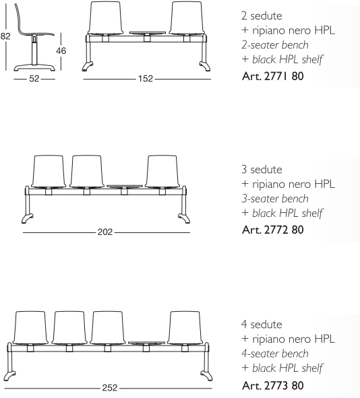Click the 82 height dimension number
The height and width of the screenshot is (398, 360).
pos(5,36)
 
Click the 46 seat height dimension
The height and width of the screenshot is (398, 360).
pos(61,51)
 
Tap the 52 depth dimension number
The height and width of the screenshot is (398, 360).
pos(34,79)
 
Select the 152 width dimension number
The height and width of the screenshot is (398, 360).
pos(146,79)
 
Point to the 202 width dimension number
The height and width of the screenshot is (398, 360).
pos(105,232)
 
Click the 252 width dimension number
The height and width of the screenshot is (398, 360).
pos(110,388)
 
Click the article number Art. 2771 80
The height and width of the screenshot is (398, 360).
pos(273,76)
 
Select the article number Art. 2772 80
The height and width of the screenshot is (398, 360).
pos(273,230)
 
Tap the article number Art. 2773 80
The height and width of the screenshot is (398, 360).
pos(273,385)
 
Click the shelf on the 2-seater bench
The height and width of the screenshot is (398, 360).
pos(148,33)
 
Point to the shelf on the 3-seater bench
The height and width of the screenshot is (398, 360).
pos(125,186)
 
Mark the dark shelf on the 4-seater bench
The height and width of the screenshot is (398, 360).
pos(146,343)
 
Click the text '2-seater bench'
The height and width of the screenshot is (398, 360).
pos(275,45)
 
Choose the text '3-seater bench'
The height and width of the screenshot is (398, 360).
pos(275,199)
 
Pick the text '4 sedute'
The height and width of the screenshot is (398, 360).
pos(262,324)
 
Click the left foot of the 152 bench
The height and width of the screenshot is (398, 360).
pos(87,67)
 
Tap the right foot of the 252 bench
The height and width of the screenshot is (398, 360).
pos(206,376)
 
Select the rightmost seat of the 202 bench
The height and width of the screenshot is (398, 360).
pos(162,172)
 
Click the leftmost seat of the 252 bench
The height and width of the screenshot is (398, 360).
pos(30,328)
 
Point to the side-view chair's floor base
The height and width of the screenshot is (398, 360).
pos(34,68)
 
